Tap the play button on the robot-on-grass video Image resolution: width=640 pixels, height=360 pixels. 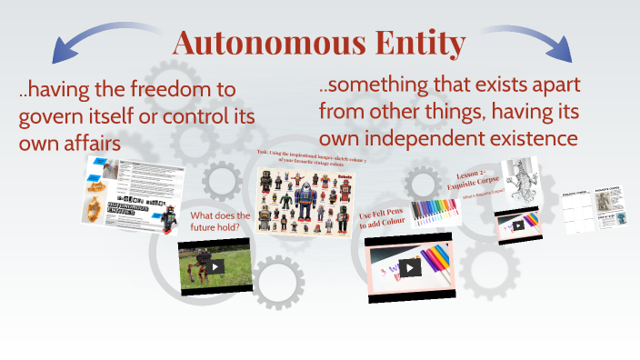click(x=215, y=266)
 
